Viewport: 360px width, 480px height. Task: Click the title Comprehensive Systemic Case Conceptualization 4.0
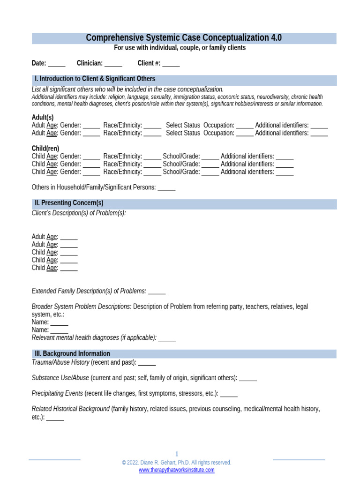[184, 38]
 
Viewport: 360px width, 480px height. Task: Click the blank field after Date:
[57, 64]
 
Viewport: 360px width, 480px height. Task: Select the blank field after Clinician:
[113, 64]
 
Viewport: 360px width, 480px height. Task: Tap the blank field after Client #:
[171, 64]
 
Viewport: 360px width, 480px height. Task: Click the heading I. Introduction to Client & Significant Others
[95, 79]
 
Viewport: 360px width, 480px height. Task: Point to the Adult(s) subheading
[43, 117]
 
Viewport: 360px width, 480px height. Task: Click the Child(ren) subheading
[45, 148]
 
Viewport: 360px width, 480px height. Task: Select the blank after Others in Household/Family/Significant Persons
[166, 187]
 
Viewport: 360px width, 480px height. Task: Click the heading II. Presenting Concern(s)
[69, 203]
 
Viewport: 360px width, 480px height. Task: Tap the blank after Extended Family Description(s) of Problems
[157, 291]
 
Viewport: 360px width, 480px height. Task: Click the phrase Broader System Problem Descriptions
[82, 307]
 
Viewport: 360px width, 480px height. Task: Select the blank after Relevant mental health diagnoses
[167, 337]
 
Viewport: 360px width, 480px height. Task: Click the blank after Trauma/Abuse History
[147, 362]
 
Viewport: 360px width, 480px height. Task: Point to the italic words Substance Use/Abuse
[60, 378]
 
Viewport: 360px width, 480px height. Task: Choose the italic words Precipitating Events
[57, 393]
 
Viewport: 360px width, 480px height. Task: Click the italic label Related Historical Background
[70, 409]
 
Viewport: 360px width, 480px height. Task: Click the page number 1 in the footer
[177, 454]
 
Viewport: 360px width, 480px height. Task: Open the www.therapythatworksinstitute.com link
[177, 470]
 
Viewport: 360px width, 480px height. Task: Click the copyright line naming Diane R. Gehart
[177, 462]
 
